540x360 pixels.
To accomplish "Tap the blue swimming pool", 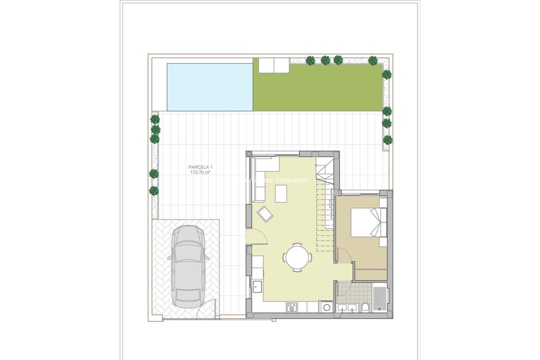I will coord(209,86).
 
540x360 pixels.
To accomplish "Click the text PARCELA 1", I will coord(199,167).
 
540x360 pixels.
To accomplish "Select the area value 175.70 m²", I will coord(199,172).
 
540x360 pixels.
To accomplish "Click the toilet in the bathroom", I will coord(366,307).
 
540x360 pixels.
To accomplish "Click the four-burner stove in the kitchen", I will coord(291,306).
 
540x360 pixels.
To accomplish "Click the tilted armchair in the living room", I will coord(265,214).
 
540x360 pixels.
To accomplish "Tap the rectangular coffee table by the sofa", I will coord(281,193).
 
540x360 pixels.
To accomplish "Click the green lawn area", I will coord(317,86).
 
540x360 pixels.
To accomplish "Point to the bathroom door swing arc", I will coord(344,289).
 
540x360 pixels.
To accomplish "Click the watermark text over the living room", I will coord(280,180).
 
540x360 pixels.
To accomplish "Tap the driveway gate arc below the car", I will coord(206,307).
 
